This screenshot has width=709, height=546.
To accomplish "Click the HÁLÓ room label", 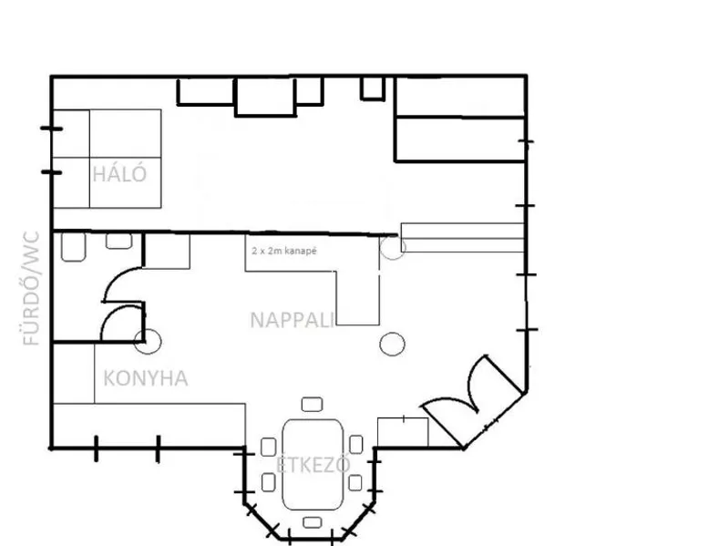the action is [119, 174].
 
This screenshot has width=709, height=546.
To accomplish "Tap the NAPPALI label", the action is [293, 320].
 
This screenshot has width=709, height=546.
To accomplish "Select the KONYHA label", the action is [146, 378].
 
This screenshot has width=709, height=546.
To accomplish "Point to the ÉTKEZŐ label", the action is [313, 465].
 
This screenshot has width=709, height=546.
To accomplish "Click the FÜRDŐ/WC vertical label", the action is [31, 289].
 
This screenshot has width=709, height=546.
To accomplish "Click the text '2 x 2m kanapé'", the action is [284, 251].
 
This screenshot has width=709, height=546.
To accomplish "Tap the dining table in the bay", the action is [313, 465].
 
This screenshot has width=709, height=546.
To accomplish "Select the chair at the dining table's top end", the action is [312, 404].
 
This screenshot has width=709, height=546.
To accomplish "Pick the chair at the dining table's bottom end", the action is [312, 522].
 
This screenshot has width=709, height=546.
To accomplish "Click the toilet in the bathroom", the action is [73, 247].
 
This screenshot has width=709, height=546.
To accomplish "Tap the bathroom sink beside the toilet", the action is [118, 241].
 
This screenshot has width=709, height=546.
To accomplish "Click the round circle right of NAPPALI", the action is [392, 344].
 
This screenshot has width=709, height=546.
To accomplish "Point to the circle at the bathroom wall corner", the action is [148, 342].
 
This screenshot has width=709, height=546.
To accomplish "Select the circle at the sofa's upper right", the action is [393, 248].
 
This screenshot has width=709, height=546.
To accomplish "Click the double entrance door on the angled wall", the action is [473, 400].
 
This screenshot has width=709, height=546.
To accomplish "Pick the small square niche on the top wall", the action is [373, 88].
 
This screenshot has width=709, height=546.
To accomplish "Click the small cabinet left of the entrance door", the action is [403, 432].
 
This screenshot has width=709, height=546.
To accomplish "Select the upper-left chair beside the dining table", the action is [269, 447].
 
